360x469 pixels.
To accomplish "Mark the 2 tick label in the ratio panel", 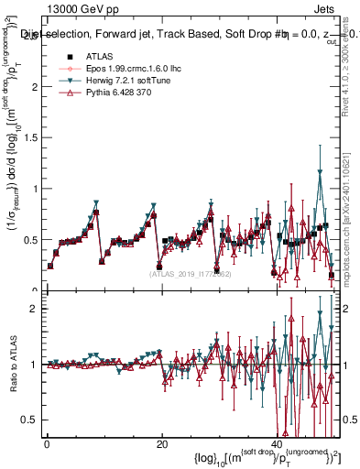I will coord(34,309).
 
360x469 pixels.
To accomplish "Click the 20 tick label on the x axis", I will coord(162,444).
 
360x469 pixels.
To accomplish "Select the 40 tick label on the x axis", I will coord(277,444).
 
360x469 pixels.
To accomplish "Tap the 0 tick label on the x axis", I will coord(47,444).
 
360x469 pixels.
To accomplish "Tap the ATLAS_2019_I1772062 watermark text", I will coord(183,273).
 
